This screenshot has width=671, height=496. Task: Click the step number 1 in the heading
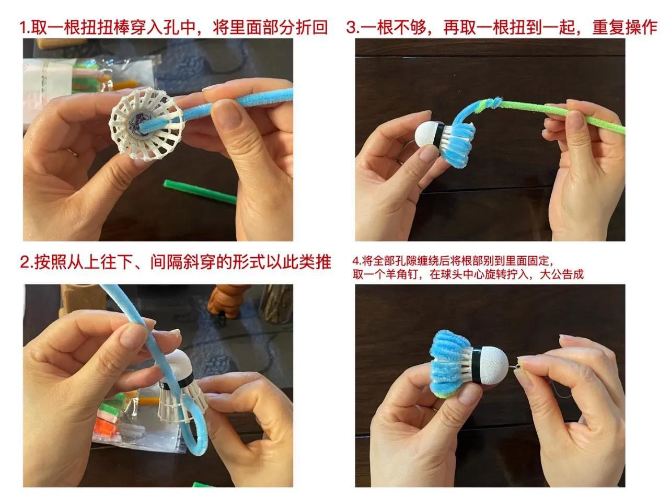pos(24,28)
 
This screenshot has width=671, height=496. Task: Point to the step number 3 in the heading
pos(351,28)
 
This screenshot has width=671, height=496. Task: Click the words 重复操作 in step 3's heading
pos(624,27)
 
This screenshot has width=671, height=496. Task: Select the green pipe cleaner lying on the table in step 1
pos(200,192)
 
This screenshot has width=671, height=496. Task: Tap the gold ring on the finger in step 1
pos(73,152)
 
